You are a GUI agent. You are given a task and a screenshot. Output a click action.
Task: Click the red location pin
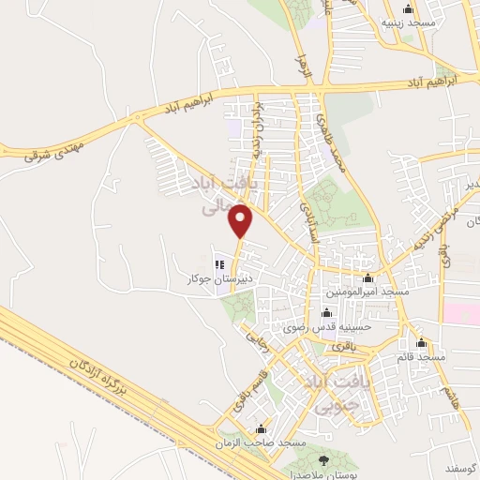click(x=242, y=219)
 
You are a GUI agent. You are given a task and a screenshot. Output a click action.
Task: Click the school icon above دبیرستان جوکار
click(x=221, y=264)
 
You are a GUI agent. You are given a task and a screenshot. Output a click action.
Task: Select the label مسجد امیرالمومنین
click(x=367, y=292)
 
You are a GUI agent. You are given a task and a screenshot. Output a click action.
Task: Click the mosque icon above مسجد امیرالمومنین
click(x=367, y=278)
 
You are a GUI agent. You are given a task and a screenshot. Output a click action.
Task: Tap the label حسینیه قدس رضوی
click(x=327, y=327)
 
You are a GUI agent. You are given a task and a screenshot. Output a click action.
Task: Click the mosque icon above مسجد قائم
click(x=423, y=341)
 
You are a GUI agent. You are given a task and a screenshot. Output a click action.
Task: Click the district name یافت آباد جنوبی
click(x=324, y=393)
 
